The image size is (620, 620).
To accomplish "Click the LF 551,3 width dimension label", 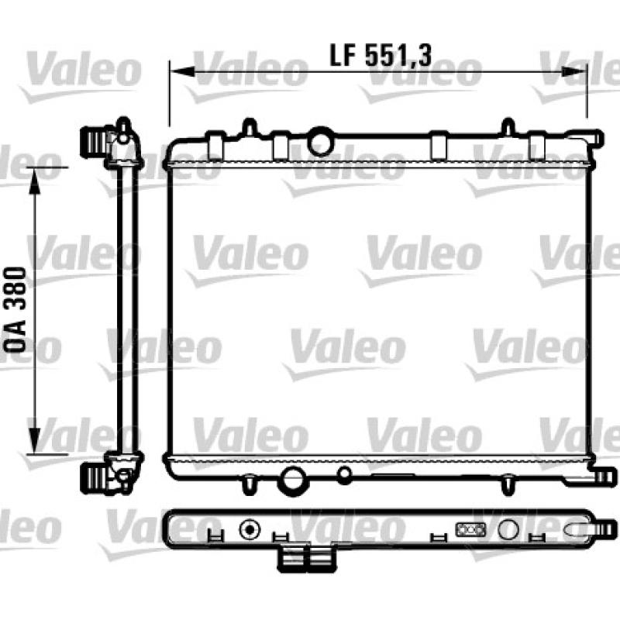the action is pos(380,55).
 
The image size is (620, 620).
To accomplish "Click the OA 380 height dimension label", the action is pos(15,309).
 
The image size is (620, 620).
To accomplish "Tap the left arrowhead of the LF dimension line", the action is pos(183,71).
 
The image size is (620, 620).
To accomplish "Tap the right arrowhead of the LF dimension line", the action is pos(573,71).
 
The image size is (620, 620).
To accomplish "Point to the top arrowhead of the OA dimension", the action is pos(35,181).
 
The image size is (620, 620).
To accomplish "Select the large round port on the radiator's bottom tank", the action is pos(292,480).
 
